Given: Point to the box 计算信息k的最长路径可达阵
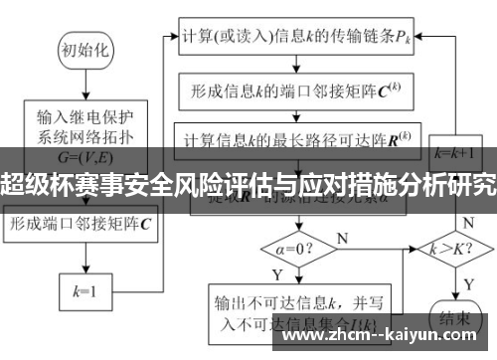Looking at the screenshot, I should (298, 136).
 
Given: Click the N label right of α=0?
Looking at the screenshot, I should (342, 236).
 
